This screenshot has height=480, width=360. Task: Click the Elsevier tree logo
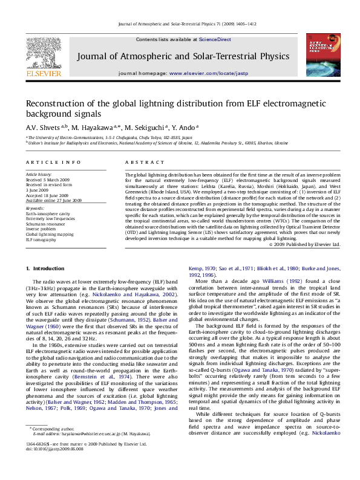pyautogui.click(x=44, y=53)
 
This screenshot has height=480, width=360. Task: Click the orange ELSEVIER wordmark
pyautogui.click(x=44, y=74)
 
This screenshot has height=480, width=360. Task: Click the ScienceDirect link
pyautogui.click(x=215, y=39)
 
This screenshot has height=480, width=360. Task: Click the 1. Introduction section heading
pyautogui.click(x=45, y=268)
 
